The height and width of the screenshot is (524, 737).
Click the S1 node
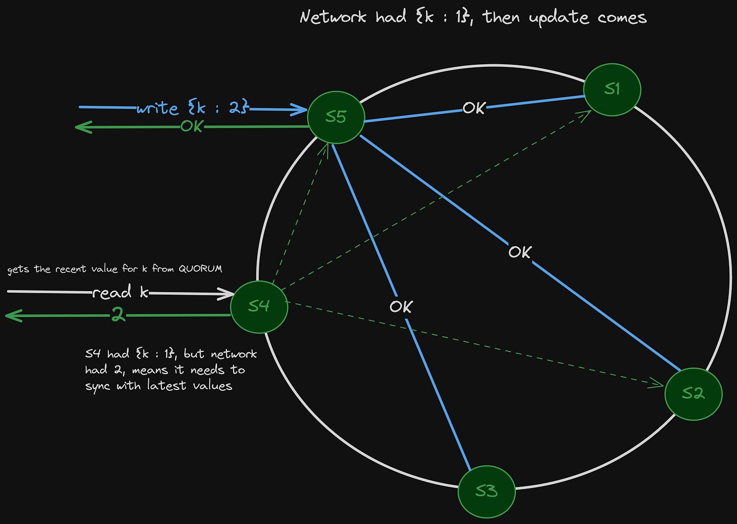612,90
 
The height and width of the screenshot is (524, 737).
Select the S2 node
693,393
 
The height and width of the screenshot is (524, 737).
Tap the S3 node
486,491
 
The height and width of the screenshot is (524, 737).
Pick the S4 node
259,306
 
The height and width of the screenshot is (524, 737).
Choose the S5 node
336,117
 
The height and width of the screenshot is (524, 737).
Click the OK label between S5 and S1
474,108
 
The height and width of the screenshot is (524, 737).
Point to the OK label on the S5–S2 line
520,252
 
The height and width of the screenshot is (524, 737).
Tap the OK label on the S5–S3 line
401,306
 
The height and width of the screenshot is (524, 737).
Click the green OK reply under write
192,126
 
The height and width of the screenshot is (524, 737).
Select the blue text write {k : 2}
192,108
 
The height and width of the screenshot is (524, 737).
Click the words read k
120,293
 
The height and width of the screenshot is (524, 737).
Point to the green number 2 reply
118,315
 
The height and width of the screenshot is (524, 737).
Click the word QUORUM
200,269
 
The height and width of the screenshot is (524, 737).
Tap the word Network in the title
333,17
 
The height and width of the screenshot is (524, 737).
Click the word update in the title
559,18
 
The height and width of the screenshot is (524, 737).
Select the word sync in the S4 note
97,386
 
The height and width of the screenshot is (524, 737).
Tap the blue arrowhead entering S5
301,109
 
